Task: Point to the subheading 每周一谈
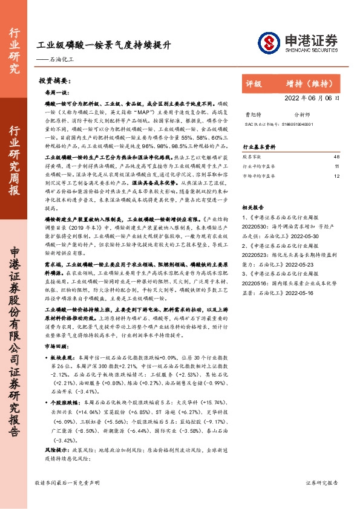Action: (x=58, y=92)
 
